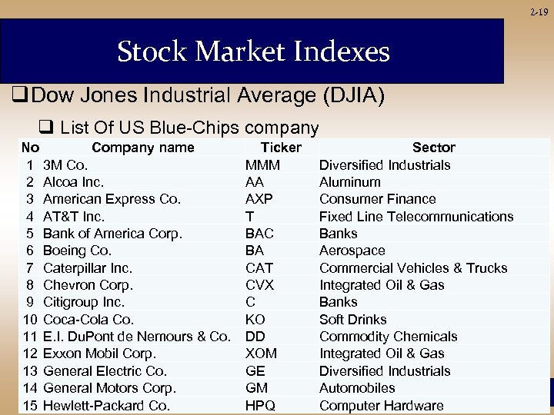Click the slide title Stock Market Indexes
coord(253,52)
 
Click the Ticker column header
coord(282,147)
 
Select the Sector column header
coord(433,147)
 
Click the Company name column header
coord(142,147)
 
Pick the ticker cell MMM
coord(262,164)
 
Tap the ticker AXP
coord(259,199)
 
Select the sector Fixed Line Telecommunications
coord(415,217)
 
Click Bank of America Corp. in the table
coord(112,234)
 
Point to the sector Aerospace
coord(352,251)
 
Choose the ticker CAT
coord(259,268)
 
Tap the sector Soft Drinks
coord(352,319)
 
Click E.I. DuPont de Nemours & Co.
coord(136,337)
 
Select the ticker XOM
coord(261,354)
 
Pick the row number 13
coord(30,371)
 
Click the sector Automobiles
coord(357,388)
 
